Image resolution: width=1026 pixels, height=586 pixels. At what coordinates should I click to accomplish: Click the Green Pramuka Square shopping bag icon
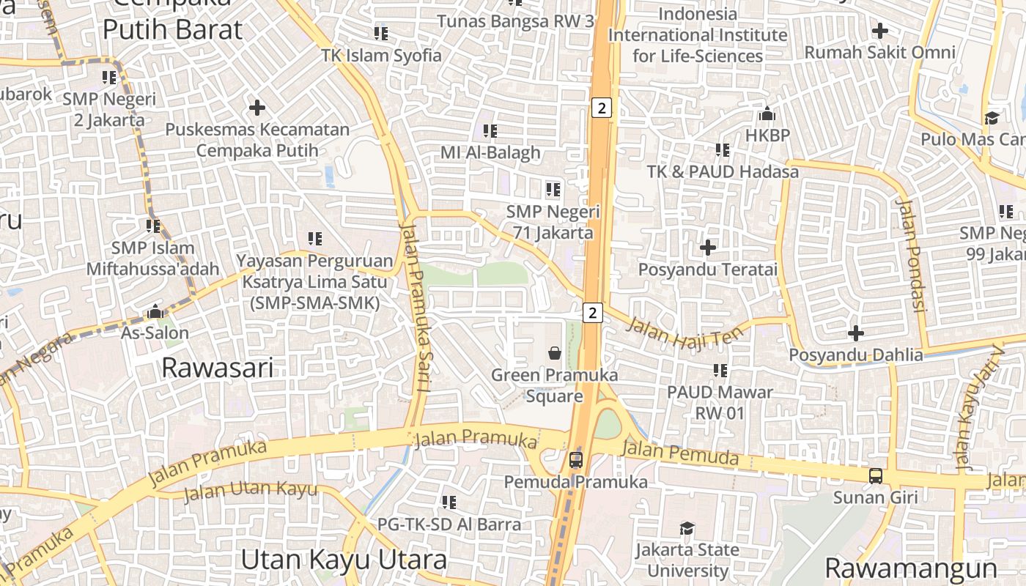pyautogui.click(x=555, y=353)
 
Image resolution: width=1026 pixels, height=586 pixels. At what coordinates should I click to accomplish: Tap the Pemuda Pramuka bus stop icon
pyautogui.click(x=576, y=460)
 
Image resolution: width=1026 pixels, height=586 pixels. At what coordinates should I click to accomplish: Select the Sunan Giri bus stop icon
pyautogui.click(x=876, y=475)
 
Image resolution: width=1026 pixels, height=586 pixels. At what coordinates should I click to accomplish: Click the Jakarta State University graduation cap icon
pyautogui.click(x=687, y=528)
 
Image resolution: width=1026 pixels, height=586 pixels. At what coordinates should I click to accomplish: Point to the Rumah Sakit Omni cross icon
pyautogui.click(x=880, y=31)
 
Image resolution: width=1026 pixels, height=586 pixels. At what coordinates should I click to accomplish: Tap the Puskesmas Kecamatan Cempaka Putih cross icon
pyautogui.click(x=257, y=108)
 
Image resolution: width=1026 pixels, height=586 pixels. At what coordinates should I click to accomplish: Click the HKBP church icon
pyautogui.click(x=767, y=114)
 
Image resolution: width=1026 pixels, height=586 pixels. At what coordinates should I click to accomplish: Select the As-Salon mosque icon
pyautogui.click(x=155, y=311)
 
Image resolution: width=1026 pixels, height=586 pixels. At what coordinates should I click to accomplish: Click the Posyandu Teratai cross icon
pyautogui.click(x=708, y=248)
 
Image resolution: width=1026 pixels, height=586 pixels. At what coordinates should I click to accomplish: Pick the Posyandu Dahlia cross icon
pyautogui.click(x=856, y=333)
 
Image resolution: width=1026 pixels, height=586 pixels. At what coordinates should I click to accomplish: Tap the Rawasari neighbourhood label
pyautogui.click(x=218, y=367)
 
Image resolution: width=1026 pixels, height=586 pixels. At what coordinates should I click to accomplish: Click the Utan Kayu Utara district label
pyautogui.click(x=344, y=560)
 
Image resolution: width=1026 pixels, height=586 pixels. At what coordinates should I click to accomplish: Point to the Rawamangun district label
pyautogui.click(x=911, y=568)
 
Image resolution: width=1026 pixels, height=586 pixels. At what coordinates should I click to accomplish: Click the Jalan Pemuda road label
pyautogui.click(x=679, y=452)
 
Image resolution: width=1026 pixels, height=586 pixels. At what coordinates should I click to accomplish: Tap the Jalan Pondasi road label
pyautogui.click(x=912, y=254)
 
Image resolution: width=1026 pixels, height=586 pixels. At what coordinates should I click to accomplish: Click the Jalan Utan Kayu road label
pyautogui.click(x=250, y=491)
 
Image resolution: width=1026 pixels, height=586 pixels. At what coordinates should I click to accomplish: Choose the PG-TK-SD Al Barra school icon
pyautogui.click(x=449, y=502)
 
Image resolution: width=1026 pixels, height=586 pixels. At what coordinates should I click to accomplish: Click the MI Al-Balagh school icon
pyautogui.click(x=490, y=131)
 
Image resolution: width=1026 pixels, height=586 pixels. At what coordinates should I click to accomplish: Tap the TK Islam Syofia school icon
pyautogui.click(x=381, y=34)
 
